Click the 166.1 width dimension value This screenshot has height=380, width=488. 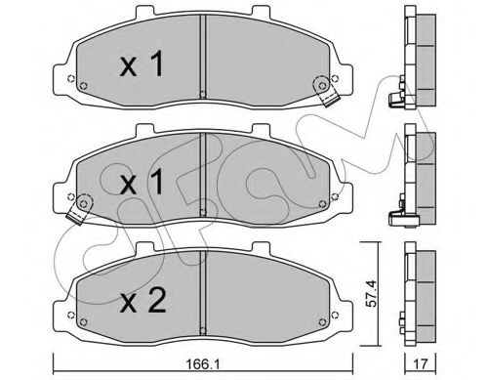pyautogui.click(x=201, y=364)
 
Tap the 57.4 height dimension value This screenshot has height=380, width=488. pyautogui.click(x=371, y=293)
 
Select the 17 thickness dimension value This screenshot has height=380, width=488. pyautogui.click(x=420, y=364)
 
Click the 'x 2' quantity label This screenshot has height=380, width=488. pyautogui.click(x=142, y=301)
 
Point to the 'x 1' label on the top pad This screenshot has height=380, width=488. pyautogui.click(x=142, y=64)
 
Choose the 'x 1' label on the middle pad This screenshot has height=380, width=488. pyautogui.click(x=142, y=183)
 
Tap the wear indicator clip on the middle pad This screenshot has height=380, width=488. pyautogui.click(x=80, y=209)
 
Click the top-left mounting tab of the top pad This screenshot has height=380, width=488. pyautogui.click(x=144, y=11)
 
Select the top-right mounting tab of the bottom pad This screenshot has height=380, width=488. pyautogui.click(x=262, y=247)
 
